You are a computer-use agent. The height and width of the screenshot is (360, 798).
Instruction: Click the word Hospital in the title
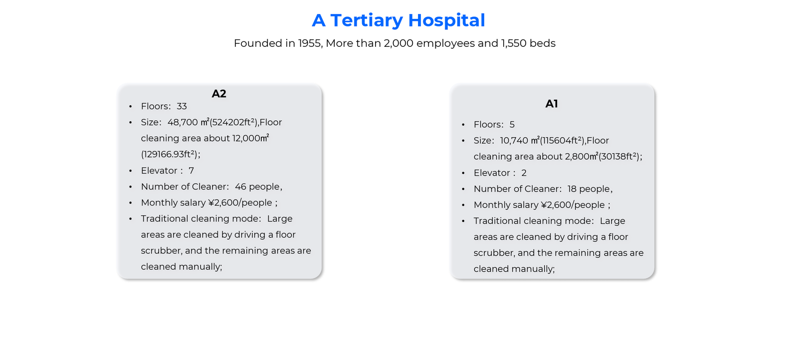click(446, 20)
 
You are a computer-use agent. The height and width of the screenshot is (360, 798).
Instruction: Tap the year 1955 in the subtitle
click(309, 43)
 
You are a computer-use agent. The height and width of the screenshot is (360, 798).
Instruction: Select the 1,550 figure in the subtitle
click(514, 43)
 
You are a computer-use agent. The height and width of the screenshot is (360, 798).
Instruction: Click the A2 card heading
click(219, 94)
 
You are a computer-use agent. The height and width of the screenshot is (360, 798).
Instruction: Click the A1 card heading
click(552, 104)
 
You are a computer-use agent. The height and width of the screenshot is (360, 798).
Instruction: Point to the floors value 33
click(182, 106)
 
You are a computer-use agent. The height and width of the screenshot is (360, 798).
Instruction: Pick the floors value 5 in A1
click(512, 125)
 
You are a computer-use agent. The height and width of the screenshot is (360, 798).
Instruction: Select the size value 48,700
click(183, 122)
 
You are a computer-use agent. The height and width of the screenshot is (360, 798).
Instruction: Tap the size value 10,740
click(515, 141)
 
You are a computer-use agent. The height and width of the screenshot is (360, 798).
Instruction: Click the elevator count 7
click(191, 171)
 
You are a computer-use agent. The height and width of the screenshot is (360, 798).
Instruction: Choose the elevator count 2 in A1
click(524, 173)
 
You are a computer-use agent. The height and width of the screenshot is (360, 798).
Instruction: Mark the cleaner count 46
click(240, 186)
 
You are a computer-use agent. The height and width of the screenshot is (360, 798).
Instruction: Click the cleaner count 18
click(572, 189)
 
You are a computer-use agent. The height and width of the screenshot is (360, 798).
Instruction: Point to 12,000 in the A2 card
click(246, 138)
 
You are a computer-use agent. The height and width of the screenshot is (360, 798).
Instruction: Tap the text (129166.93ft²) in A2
click(169, 155)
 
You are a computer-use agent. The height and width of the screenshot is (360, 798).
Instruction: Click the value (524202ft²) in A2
click(233, 122)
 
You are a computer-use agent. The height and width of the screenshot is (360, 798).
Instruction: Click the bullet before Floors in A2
click(131, 107)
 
